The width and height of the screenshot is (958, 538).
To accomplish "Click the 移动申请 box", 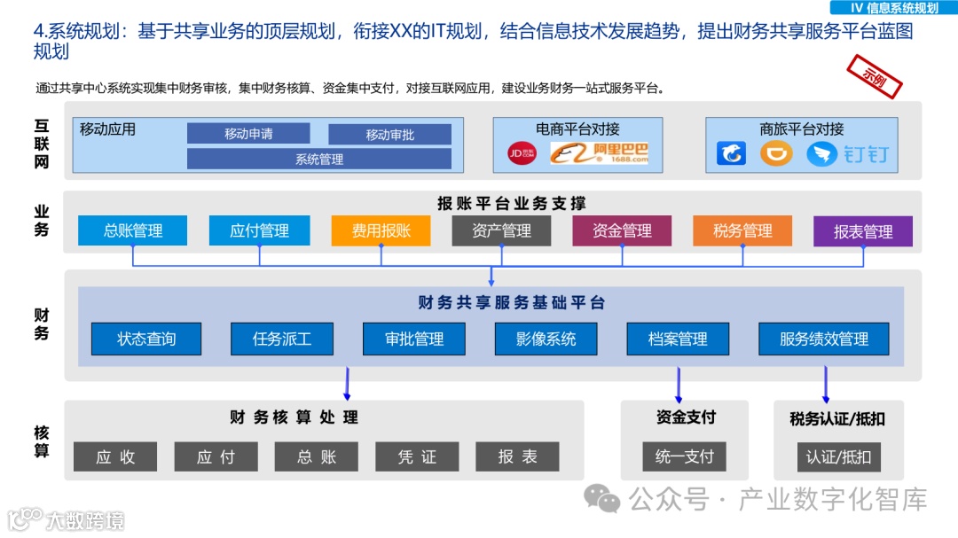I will [248, 134].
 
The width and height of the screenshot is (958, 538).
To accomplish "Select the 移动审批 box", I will [389, 135].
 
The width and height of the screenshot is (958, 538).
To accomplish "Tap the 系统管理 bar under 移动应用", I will [318, 160].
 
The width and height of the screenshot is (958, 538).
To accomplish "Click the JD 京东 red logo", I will [521, 153].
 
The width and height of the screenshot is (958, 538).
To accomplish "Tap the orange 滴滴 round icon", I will [776, 154].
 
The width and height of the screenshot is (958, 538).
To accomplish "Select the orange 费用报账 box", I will [381, 230].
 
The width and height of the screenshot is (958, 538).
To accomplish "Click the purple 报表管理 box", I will [862, 231].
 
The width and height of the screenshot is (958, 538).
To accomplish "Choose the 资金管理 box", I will [622, 230].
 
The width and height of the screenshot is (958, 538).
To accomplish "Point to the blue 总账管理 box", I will [133, 230].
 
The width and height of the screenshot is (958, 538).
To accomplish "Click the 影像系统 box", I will [546, 339].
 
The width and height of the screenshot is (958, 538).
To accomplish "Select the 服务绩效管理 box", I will [824, 339].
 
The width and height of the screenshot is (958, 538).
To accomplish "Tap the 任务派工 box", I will [282, 339].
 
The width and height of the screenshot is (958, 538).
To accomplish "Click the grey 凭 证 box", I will [417, 456].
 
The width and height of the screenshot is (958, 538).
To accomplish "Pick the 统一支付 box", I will [684, 456].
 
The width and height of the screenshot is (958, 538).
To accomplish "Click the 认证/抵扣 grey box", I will [826, 457].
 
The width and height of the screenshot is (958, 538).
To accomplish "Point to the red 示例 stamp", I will [875, 77].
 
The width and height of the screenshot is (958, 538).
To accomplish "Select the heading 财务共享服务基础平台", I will [512, 303].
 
